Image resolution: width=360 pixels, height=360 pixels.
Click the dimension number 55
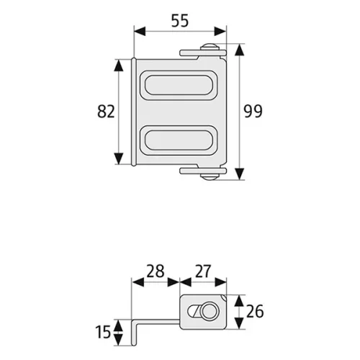tap(180, 21)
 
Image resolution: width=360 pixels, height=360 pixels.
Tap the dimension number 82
tap(106, 112)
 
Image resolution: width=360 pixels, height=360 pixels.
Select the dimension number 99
tap(253, 112)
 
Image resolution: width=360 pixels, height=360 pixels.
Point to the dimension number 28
tap(156, 271)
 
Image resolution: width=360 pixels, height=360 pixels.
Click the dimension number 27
tap(203, 271)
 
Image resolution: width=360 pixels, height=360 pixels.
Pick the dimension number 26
tap(255, 311)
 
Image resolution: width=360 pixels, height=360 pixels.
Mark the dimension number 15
tap(103, 332)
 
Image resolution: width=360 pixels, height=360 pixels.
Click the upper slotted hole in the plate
tap(179, 85)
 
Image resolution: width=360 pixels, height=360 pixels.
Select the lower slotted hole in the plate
tap(179, 140)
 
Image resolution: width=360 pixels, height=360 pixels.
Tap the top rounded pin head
tap(210, 46)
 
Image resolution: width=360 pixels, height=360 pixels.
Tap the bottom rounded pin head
tap(210, 177)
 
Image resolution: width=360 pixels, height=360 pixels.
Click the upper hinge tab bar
tap(203, 53)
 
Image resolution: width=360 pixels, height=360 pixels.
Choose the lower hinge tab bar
tap(203, 171)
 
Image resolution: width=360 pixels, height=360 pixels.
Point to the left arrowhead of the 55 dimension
tap(140, 32)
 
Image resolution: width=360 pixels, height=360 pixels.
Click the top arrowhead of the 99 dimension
tap(239, 50)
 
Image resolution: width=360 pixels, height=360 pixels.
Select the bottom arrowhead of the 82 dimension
tap(119, 158)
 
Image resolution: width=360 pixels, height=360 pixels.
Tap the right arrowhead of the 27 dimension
tap(220, 282)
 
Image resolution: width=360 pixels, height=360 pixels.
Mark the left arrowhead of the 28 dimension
tap(138, 282)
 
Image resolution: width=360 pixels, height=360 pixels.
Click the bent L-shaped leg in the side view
tap(134, 333)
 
